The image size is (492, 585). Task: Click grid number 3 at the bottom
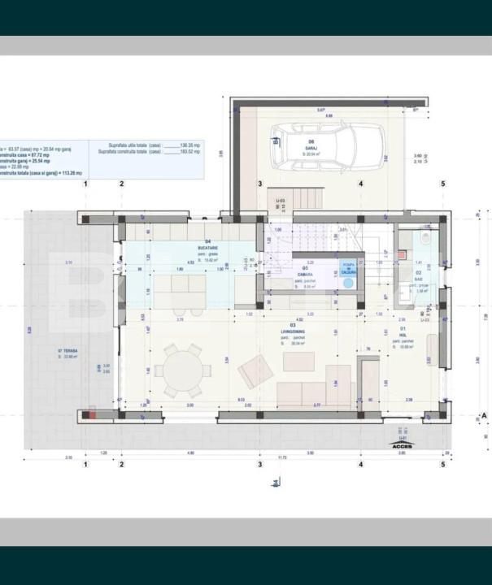pos(260,465)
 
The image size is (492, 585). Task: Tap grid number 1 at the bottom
pos(85,465)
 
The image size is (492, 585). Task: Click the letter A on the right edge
pos(485,415)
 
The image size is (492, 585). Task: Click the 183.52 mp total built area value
pos(189,152)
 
